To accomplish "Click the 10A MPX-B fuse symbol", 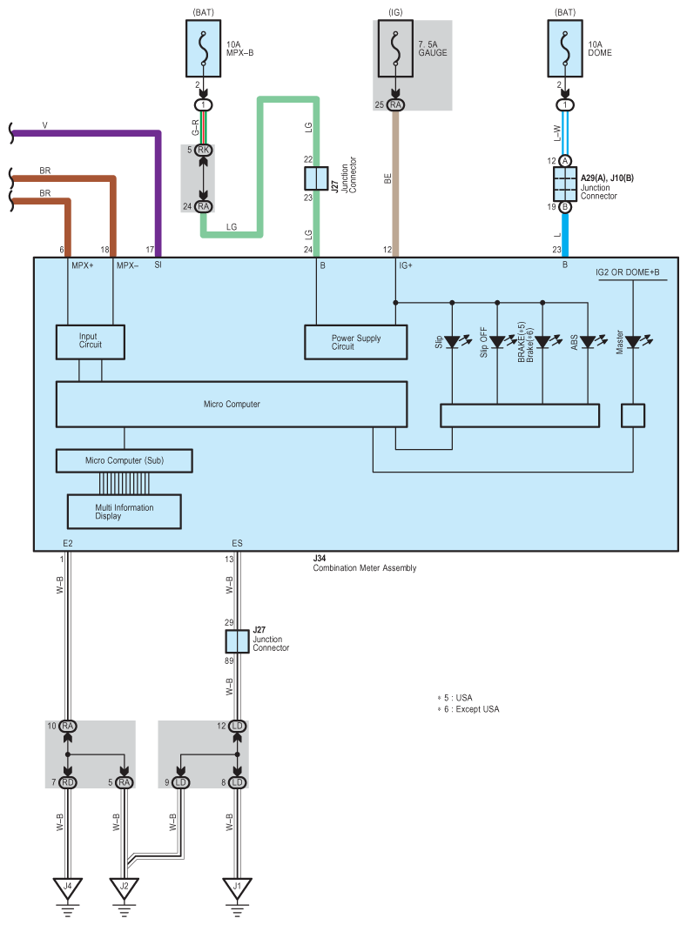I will (203, 50).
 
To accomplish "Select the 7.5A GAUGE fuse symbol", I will (397, 50).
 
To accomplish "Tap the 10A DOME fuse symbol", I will (565, 50).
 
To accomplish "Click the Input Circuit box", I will (90, 342).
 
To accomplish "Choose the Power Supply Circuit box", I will (355, 342).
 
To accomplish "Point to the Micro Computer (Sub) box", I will (124, 460).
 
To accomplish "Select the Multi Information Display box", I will (124, 511).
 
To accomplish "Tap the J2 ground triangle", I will (124, 888).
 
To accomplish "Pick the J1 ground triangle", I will (237, 888).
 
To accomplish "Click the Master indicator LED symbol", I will (633, 341).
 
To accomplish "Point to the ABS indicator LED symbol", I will (588, 341).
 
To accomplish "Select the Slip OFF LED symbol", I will (497, 341).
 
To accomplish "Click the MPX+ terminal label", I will (82, 265).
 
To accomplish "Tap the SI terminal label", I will (158, 265).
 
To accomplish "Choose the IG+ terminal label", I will (405, 265).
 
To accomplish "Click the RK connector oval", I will (203, 150).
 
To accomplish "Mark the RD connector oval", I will (68, 782).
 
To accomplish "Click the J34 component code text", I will (320, 558).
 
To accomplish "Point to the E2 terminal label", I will (68, 543).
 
